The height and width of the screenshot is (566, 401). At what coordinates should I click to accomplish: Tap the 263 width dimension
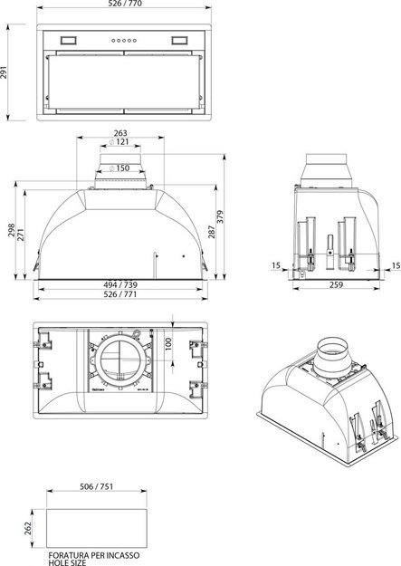(x=121, y=132)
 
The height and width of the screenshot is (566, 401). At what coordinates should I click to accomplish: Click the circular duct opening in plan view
(x=119, y=362)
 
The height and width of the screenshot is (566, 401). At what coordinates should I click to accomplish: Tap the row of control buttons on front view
(x=120, y=41)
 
